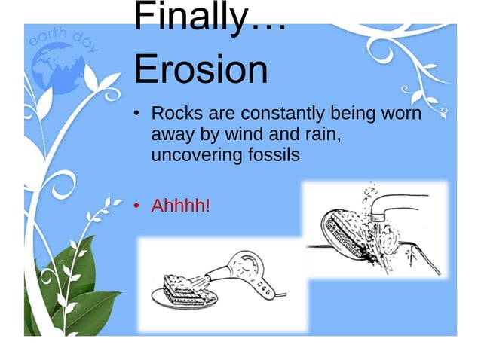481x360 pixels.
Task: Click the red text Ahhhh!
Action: point(181,206)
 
